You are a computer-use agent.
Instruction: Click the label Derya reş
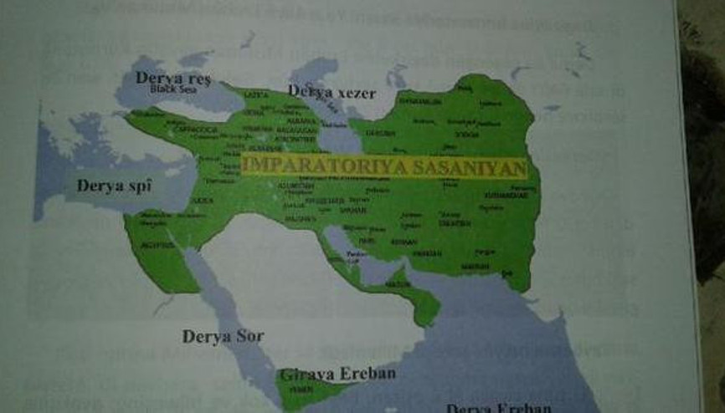173,78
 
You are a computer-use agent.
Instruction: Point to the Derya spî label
112,186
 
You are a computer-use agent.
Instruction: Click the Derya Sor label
223,337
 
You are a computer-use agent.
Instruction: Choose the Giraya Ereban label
337,374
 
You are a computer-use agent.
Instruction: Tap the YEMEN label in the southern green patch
297,390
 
